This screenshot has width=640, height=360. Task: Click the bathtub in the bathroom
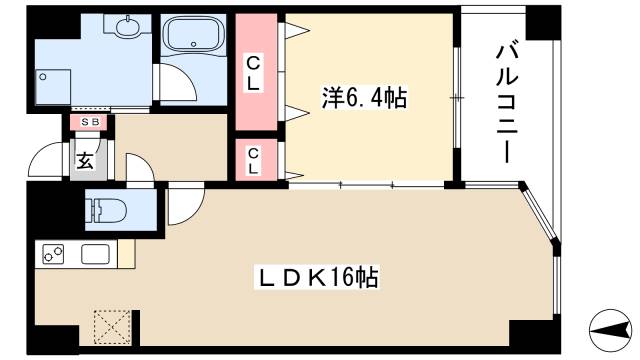(x=196, y=41)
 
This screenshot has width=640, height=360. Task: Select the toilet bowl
(x=105, y=211)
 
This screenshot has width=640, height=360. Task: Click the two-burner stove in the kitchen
(x=54, y=255)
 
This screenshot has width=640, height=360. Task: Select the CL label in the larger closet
(x=255, y=75)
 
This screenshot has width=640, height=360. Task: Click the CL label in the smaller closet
(x=255, y=160)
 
